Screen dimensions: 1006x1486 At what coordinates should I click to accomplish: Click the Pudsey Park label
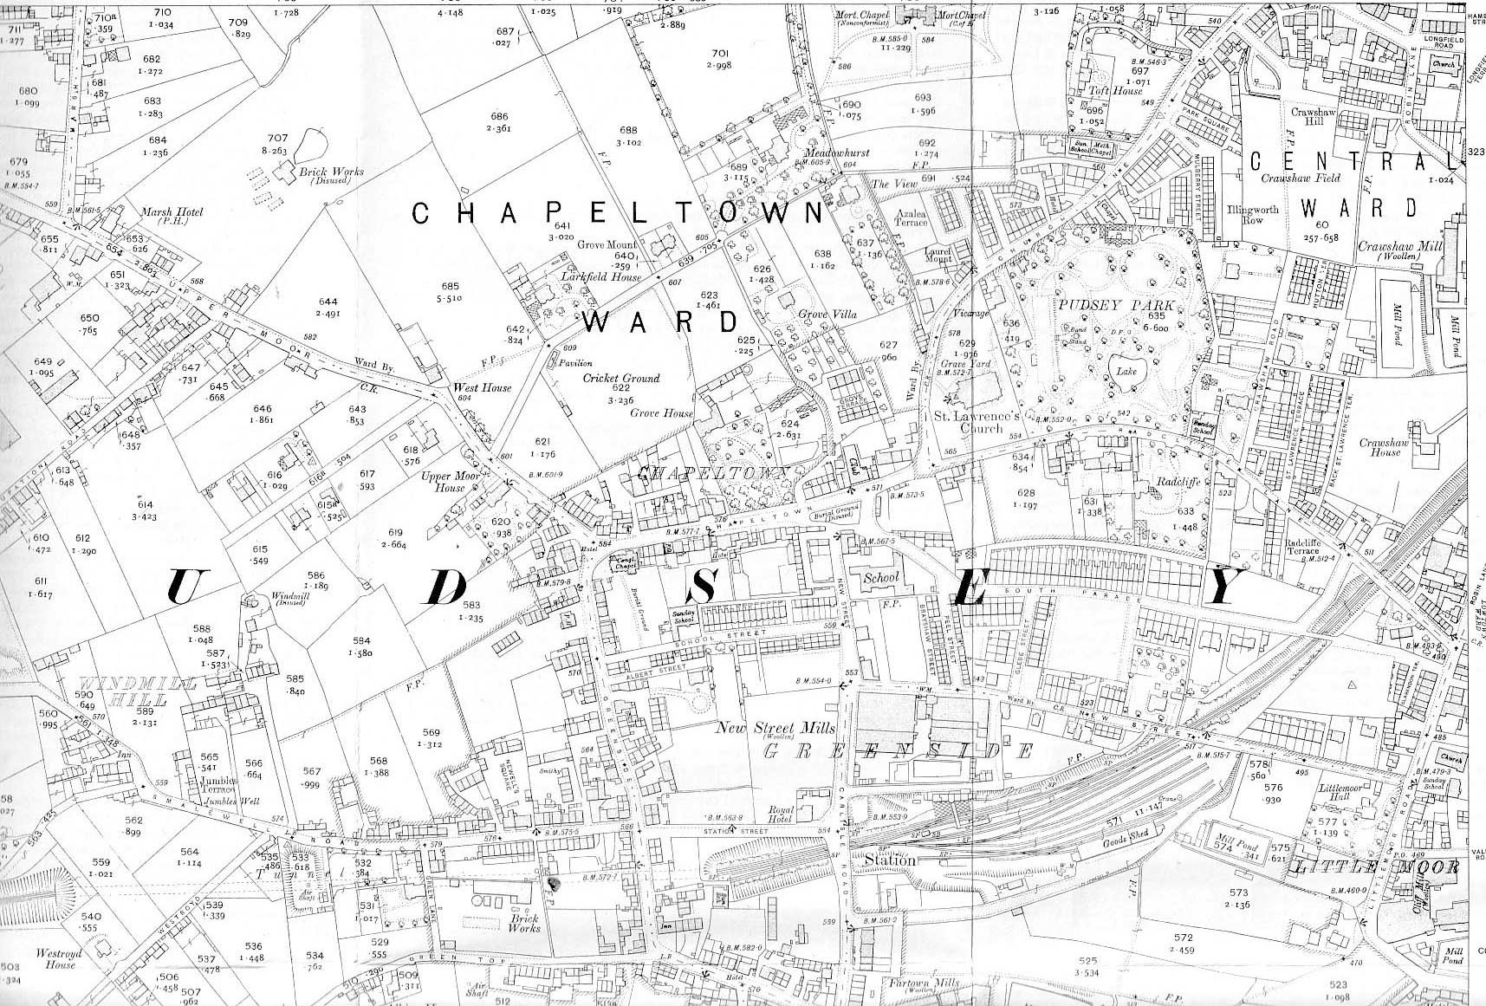point(1114,306)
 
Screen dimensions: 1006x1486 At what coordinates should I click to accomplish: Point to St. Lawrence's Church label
point(975,421)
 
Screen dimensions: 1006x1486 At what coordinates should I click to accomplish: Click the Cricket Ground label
point(620,379)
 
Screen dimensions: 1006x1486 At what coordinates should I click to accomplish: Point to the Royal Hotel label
point(781,817)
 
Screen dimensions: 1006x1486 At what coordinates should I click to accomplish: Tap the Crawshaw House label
point(1379,447)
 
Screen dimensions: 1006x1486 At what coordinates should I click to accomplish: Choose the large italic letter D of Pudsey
point(446,589)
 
